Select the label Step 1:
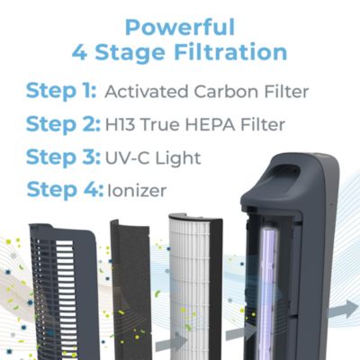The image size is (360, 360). [61, 91]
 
